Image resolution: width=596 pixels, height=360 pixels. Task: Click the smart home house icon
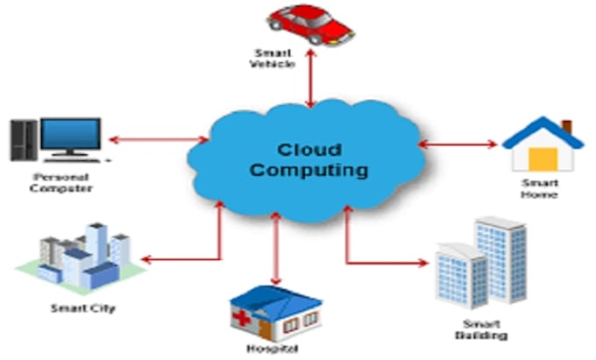point(542,144)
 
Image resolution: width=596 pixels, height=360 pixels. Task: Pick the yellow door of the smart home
point(543,159)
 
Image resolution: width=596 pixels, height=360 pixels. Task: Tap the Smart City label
point(82,308)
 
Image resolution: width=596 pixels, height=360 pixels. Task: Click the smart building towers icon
point(482,267)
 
